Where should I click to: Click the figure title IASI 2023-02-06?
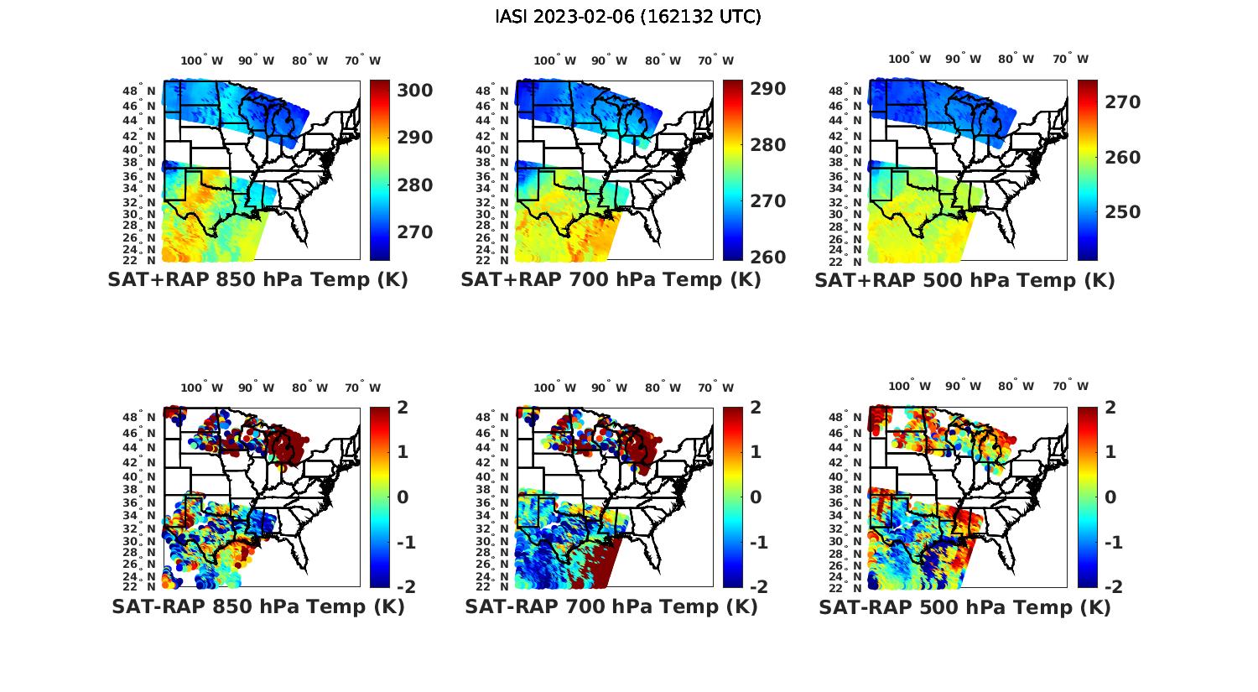[628, 16]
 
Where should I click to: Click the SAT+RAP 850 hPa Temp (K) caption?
[257, 279]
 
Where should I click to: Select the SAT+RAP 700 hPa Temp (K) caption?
[611, 279]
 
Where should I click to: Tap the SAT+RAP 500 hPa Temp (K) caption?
[964, 279]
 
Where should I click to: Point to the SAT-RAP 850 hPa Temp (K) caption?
[257, 606]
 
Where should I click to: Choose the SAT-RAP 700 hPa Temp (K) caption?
[611, 606]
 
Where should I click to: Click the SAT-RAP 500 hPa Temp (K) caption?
[964, 606]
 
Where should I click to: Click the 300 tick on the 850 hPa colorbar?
[413, 90]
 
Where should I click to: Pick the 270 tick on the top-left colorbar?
[413, 232]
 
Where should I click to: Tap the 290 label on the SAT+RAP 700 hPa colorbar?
[767, 89]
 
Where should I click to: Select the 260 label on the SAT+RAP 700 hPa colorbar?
[767, 257]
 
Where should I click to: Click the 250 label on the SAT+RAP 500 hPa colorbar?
[1121, 211]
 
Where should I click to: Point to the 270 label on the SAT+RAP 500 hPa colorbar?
[1121, 101]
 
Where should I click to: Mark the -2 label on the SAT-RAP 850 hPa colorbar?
[403, 586]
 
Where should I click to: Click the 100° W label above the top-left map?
[201, 60]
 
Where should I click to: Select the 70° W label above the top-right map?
[1070, 59]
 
